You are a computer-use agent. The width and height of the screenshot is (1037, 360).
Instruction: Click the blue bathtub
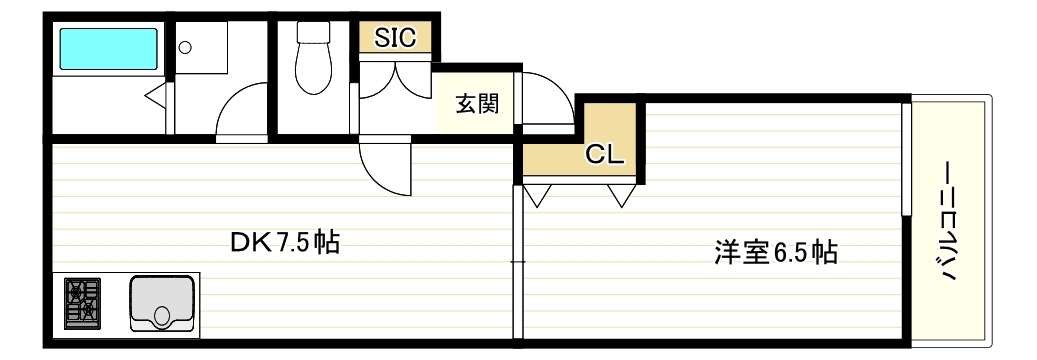click(109, 48)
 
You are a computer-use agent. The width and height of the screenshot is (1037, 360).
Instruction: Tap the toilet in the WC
click(313, 58)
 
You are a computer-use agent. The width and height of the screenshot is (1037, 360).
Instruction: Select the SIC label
click(395, 37)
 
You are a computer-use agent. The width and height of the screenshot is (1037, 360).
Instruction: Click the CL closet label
click(604, 155)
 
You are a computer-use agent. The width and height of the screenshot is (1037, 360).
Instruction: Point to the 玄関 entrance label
click(476, 105)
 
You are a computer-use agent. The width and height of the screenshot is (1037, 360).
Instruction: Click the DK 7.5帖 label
click(285, 244)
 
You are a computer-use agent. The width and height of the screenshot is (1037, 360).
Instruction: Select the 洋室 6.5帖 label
click(776, 253)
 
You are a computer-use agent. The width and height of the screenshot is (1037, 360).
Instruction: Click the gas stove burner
click(83, 303)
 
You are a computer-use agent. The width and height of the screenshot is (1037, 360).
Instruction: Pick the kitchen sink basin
click(162, 303)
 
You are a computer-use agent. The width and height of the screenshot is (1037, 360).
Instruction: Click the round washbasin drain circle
click(185, 47)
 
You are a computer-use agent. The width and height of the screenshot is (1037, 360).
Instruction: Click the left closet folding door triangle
click(537, 195)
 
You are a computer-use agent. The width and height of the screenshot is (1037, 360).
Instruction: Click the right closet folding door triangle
click(622, 195)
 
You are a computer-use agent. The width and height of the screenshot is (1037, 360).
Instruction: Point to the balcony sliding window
click(907, 158)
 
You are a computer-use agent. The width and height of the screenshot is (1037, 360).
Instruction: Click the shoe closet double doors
click(395, 79)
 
